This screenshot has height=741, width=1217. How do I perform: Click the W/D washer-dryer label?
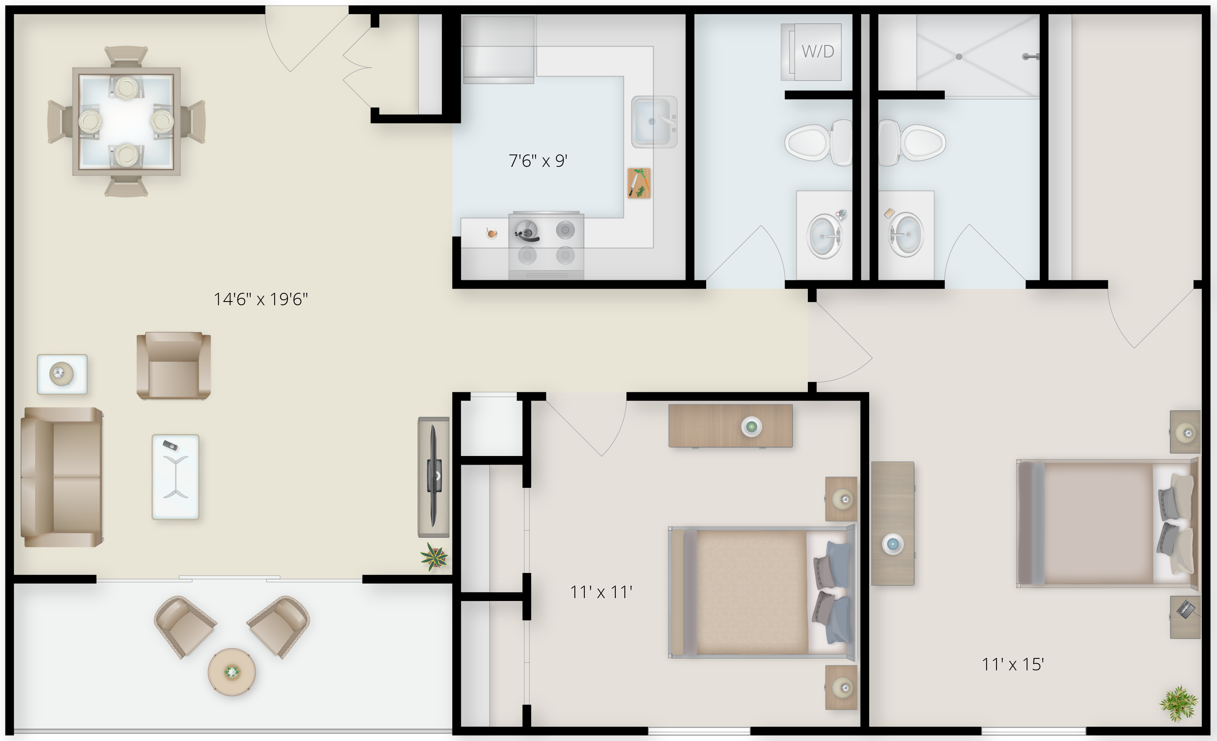coord(817,51)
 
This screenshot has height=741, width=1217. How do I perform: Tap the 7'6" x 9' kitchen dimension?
coord(538,161)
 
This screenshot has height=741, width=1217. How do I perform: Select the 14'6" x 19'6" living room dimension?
coord(261,299)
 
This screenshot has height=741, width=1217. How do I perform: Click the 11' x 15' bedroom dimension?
coord(1013,665)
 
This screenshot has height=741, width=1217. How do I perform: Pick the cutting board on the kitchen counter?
coord(638,183)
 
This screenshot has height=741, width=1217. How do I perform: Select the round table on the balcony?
coord(232,672)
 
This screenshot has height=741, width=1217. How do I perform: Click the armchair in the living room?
coord(174,366)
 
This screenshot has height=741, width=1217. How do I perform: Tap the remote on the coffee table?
coord(171,445)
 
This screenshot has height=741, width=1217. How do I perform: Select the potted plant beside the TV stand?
coord(434,557)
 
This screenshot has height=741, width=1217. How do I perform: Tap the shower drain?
coord(958,57)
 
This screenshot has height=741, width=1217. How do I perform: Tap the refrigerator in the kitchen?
coord(499,50)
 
